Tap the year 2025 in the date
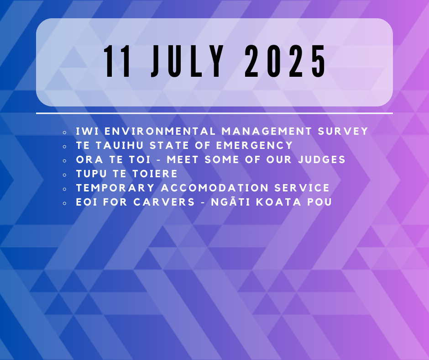285,61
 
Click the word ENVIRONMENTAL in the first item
160,131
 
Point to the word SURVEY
343,131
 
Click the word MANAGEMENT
267,131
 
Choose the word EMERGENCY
255,145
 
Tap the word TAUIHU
120,145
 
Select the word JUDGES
322,159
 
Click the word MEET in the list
183,159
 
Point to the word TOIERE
155,174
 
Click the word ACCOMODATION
215,188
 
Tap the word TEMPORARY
115,188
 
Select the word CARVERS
164,202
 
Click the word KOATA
278,202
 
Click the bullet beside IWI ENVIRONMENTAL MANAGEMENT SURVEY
64,132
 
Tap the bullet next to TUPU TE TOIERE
64,175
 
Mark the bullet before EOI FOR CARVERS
64,203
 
